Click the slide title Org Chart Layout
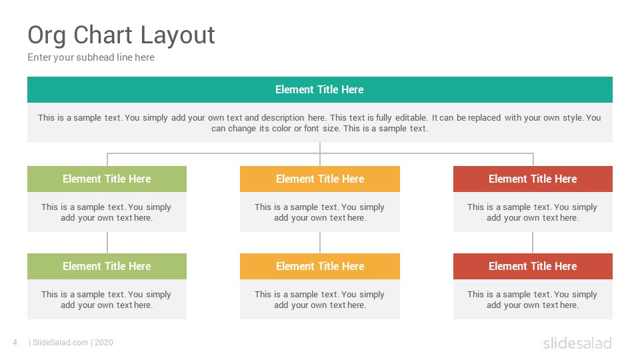[x=121, y=35]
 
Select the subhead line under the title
[x=91, y=57]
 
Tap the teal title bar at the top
[x=320, y=89]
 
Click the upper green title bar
[x=107, y=179]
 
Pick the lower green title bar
[x=107, y=266]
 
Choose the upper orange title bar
[x=320, y=179]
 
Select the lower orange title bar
[x=320, y=266]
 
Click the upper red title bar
[x=533, y=179]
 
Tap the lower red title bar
[x=533, y=266]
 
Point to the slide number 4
[x=15, y=343]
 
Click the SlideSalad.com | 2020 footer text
[x=71, y=343]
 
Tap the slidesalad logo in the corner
[x=577, y=343]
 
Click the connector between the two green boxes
[x=107, y=243]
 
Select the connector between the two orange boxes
[x=320, y=243]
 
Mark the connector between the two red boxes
[x=533, y=243]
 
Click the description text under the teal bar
[x=319, y=123]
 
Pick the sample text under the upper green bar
[x=107, y=212]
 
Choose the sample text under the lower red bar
[x=533, y=299]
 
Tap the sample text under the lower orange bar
[x=319, y=299]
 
